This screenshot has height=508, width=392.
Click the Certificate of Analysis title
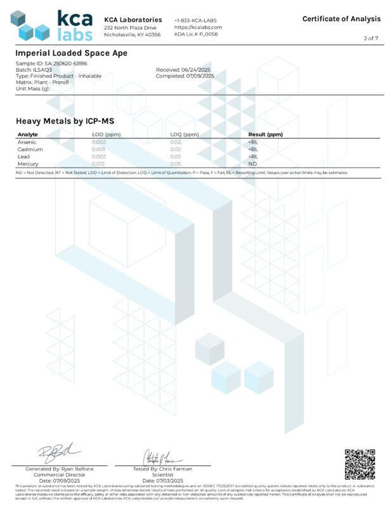pos(341,19)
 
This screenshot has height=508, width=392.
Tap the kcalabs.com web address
pos(198,27)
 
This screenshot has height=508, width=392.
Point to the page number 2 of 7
pos(370,39)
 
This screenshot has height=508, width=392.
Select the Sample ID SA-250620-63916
pos(43,64)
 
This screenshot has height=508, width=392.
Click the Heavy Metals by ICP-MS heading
pos(65,121)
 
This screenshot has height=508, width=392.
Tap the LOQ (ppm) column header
pos(185,135)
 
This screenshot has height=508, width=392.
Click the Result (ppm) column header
pos(265,135)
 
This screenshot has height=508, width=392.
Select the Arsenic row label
pos(27,142)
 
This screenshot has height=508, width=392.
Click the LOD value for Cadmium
pos(99,149)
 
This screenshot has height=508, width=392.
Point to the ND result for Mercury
pos(252,163)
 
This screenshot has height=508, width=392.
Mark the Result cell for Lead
pos(253,156)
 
